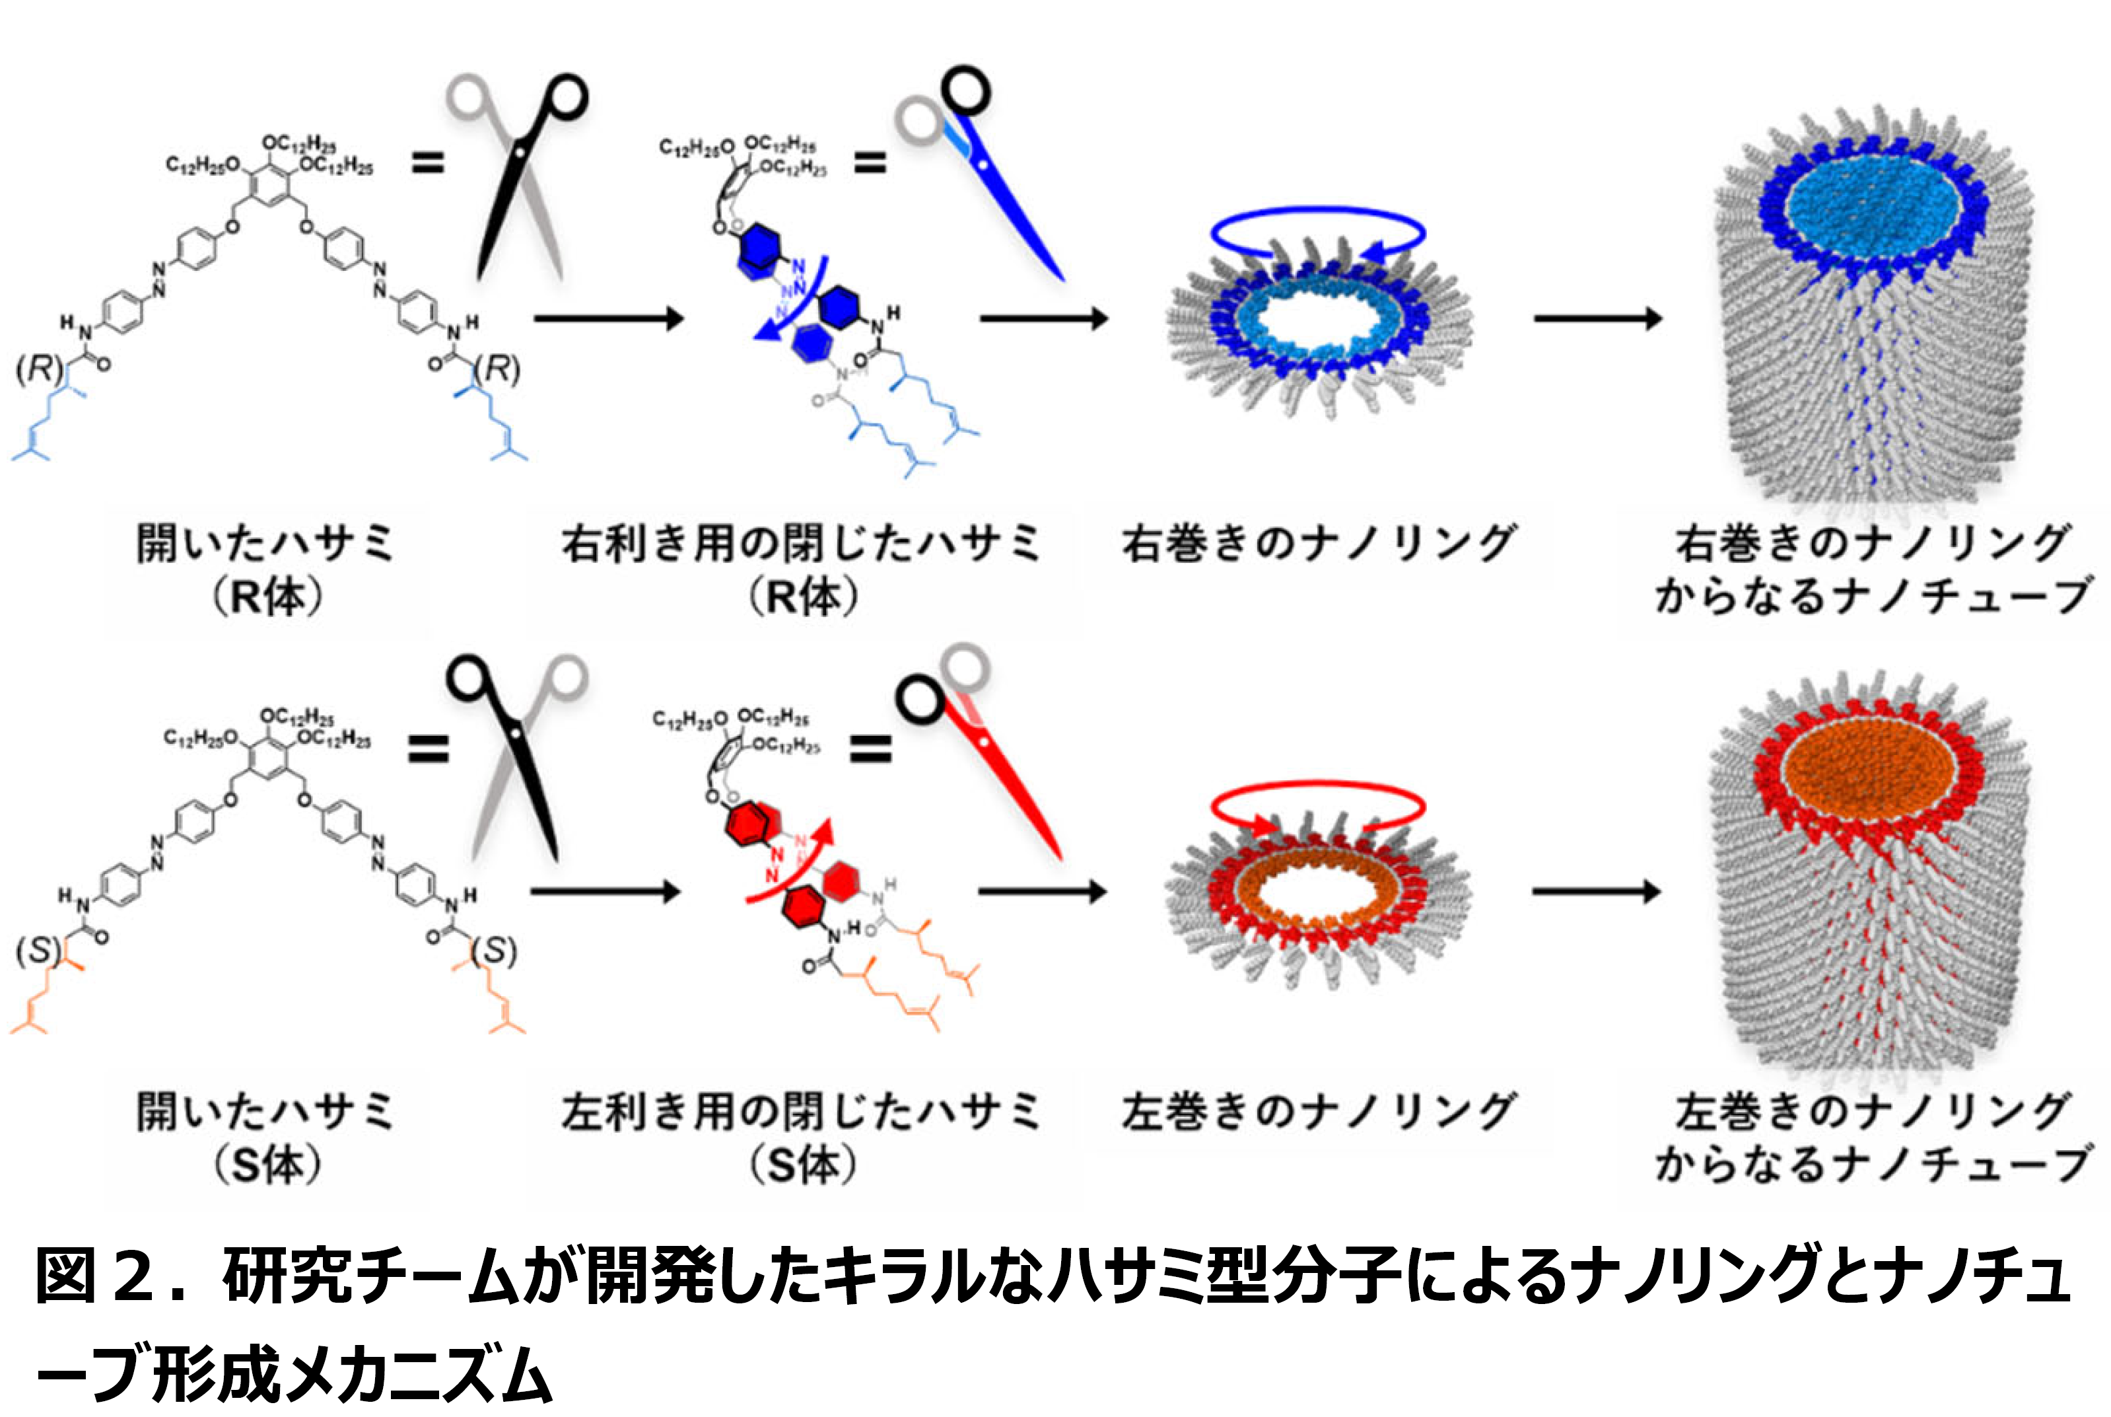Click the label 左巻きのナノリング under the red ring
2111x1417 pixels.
coord(1318,1112)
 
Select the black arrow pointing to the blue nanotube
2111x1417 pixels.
coord(1597,318)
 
